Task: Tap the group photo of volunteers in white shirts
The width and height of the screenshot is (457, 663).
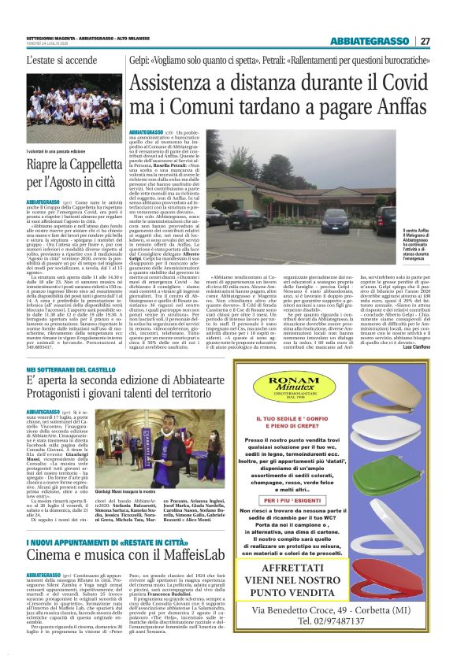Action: coord(73,102)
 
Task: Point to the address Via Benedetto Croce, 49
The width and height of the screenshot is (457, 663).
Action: coord(343,631)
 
